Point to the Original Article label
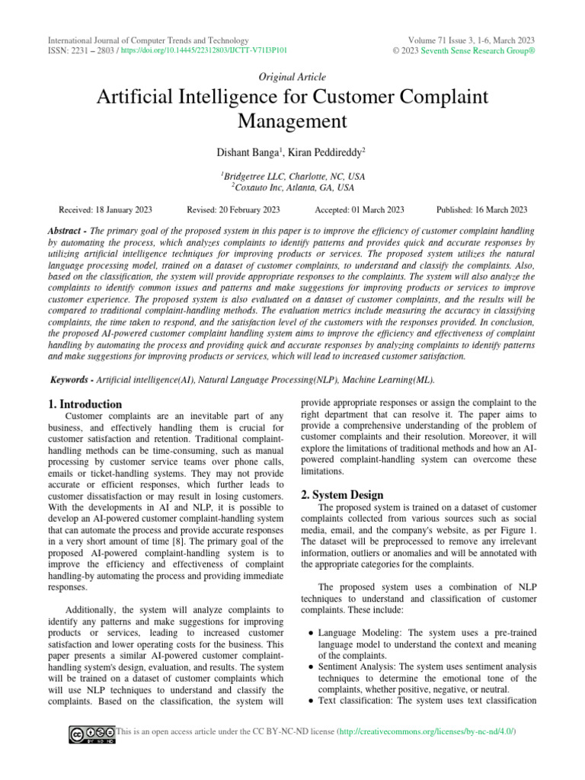[292, 77]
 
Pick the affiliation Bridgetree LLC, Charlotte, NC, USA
[293, 176]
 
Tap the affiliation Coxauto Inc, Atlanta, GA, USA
[293, 187]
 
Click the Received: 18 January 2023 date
[106, 209]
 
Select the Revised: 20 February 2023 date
[233, 209]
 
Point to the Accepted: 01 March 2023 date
[359, 209]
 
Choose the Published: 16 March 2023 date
[481, 209]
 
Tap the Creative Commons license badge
[91, 733]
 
